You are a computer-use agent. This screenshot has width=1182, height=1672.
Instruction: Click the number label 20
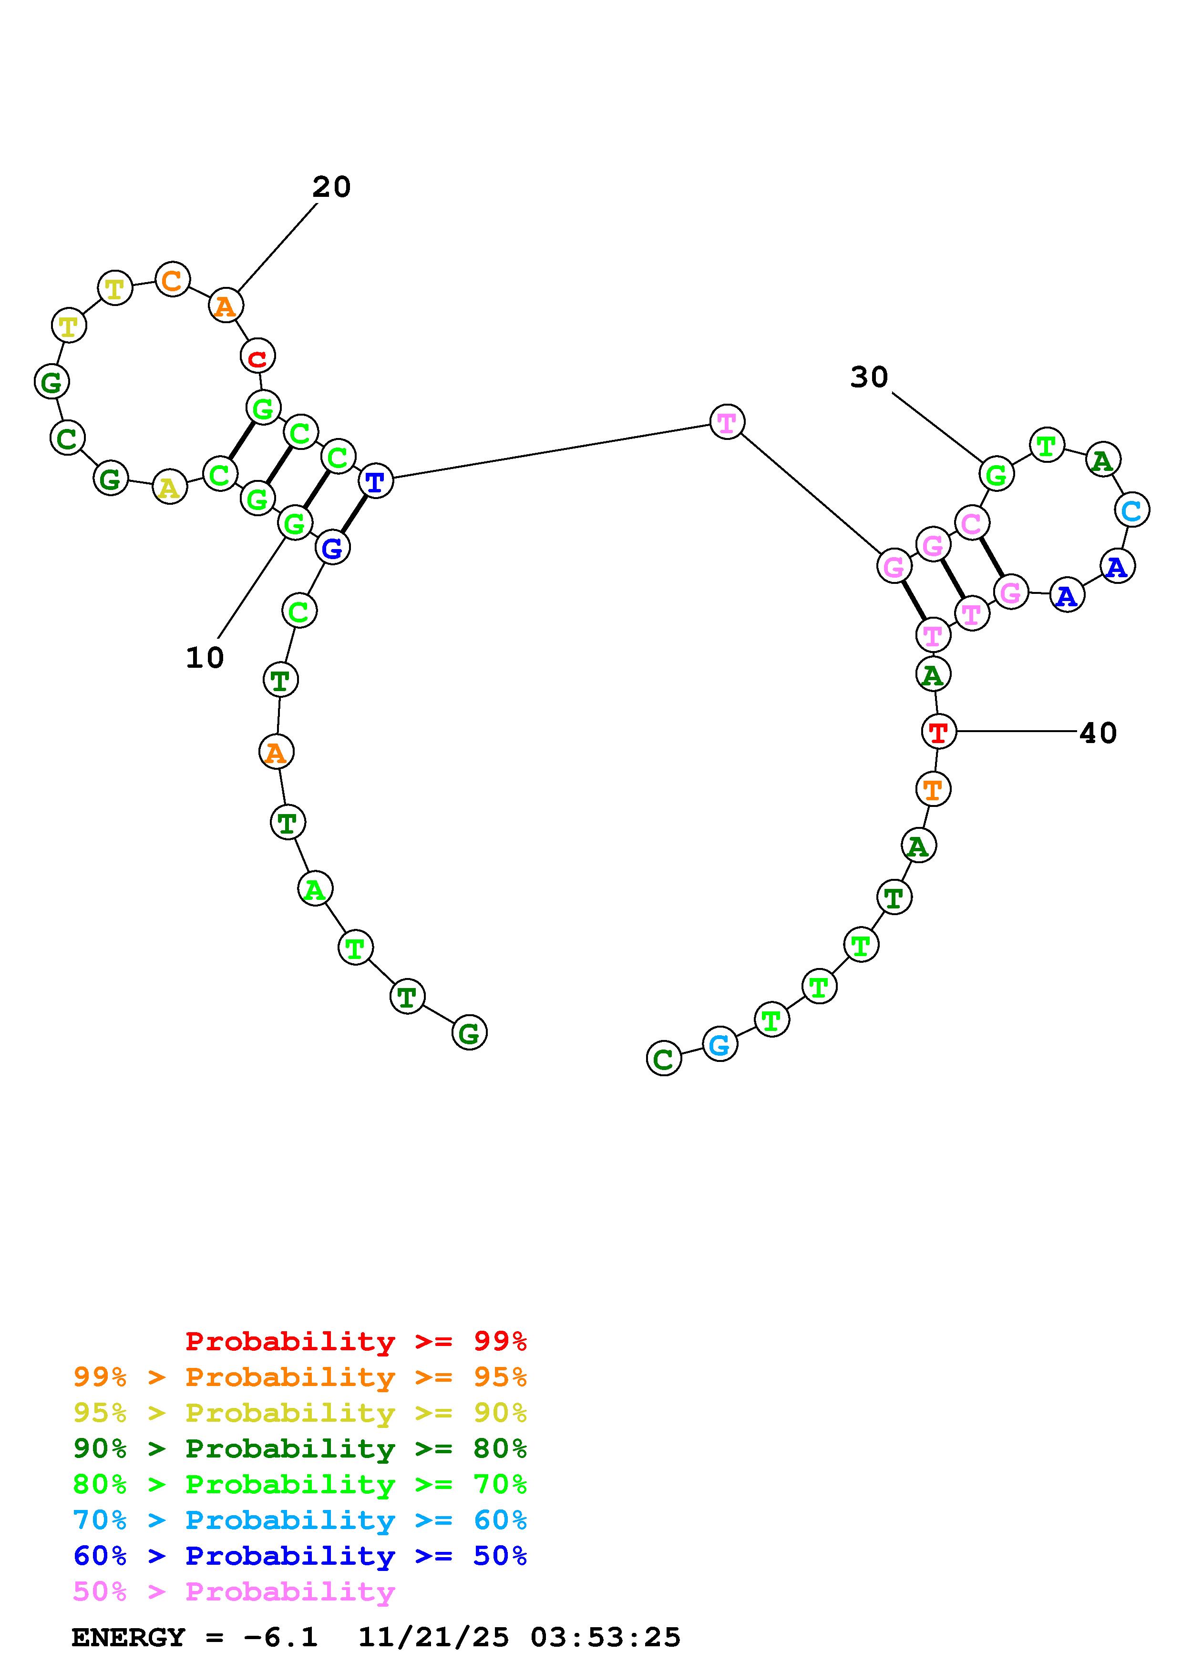coord(331,187)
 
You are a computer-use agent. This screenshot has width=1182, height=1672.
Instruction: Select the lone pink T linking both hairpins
coord(727,422)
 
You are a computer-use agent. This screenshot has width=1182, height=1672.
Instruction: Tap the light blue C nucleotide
coord(1131,510)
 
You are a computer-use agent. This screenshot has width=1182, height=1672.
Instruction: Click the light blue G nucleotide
coord(719,1044)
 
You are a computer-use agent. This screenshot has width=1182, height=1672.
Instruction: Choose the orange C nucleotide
coord(173,280)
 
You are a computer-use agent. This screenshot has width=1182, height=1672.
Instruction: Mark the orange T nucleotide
coord(933,789)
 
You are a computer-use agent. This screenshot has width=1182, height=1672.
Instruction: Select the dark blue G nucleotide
coord(332,548)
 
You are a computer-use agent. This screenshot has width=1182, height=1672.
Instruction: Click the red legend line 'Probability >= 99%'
coord(356,1341)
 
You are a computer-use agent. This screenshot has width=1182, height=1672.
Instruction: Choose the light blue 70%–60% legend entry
coord(300,1520)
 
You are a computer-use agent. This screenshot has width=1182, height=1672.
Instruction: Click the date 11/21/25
coord(433,1638)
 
